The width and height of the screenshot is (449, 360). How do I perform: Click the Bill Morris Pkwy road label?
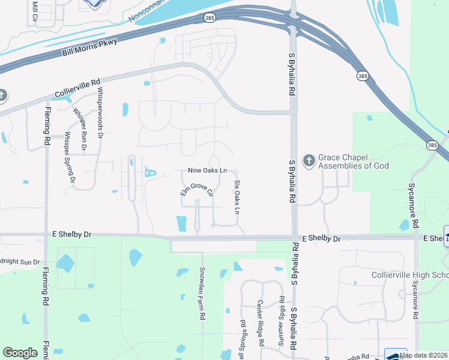coord(90,47)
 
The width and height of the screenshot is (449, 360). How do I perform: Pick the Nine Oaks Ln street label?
coord(207,170)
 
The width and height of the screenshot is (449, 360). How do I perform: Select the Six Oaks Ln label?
coord(237,197)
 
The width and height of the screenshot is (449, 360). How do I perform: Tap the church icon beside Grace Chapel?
coord(309,160)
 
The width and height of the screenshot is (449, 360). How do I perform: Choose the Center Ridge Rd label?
coord(261,323)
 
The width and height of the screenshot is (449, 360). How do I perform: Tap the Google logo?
coord(20,353)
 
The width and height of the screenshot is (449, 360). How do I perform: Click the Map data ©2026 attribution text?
coord(424,355)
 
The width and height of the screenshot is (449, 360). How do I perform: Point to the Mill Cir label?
coord(33,11)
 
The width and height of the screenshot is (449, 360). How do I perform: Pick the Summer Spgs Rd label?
coord(281,312)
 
